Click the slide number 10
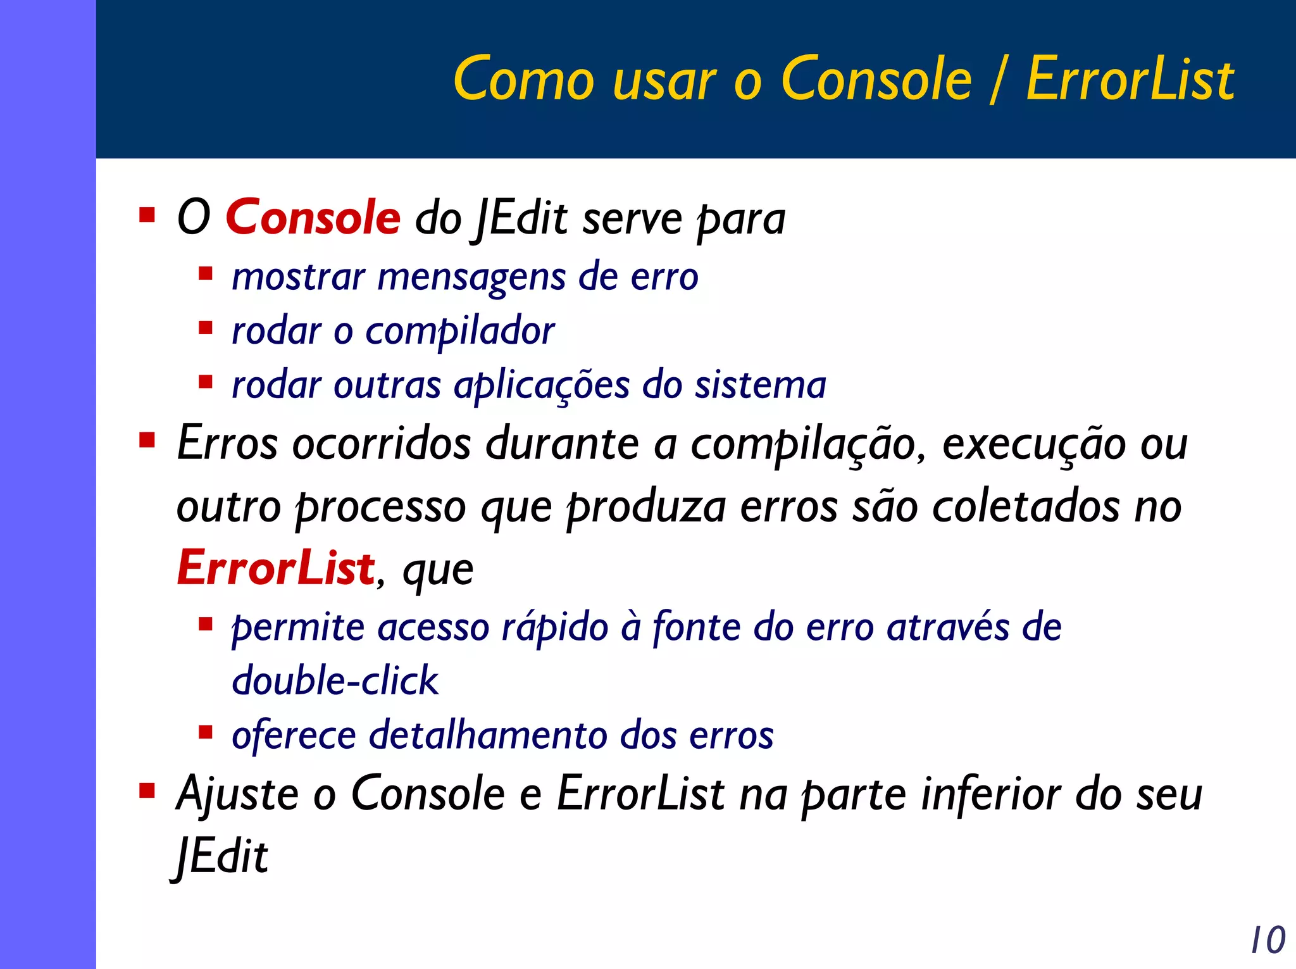click(1268, 940)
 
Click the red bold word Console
click(313, 217)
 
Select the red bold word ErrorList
click(276, 568)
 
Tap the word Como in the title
click(524, 79)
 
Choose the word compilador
click(460, 332)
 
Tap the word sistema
click(761, 385)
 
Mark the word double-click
click(335, 681)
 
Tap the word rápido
click(555, 628)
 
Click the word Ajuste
click(237, 794)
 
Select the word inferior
click(991, 794)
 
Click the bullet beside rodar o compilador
click(205, 328)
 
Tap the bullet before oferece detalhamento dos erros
click(205, 732)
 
